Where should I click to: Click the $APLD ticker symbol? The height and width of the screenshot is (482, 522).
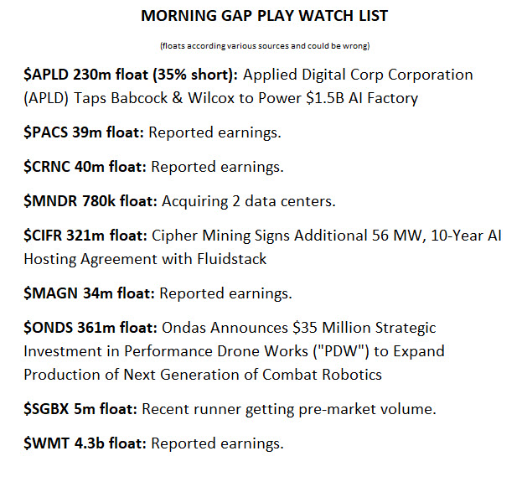click(47, 75)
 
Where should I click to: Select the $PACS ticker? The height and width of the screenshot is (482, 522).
click(47, 132)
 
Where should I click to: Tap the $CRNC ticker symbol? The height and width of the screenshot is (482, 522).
click(48, 167)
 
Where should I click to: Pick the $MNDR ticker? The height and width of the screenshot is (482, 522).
click(50, 201)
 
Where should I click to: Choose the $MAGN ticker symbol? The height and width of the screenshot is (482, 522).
click(50, 293)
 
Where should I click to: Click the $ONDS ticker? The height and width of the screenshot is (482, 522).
click(49, 328)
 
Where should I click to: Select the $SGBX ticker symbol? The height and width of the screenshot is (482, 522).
click(47, 409)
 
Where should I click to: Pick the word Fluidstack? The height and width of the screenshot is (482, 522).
click(227, 259)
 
